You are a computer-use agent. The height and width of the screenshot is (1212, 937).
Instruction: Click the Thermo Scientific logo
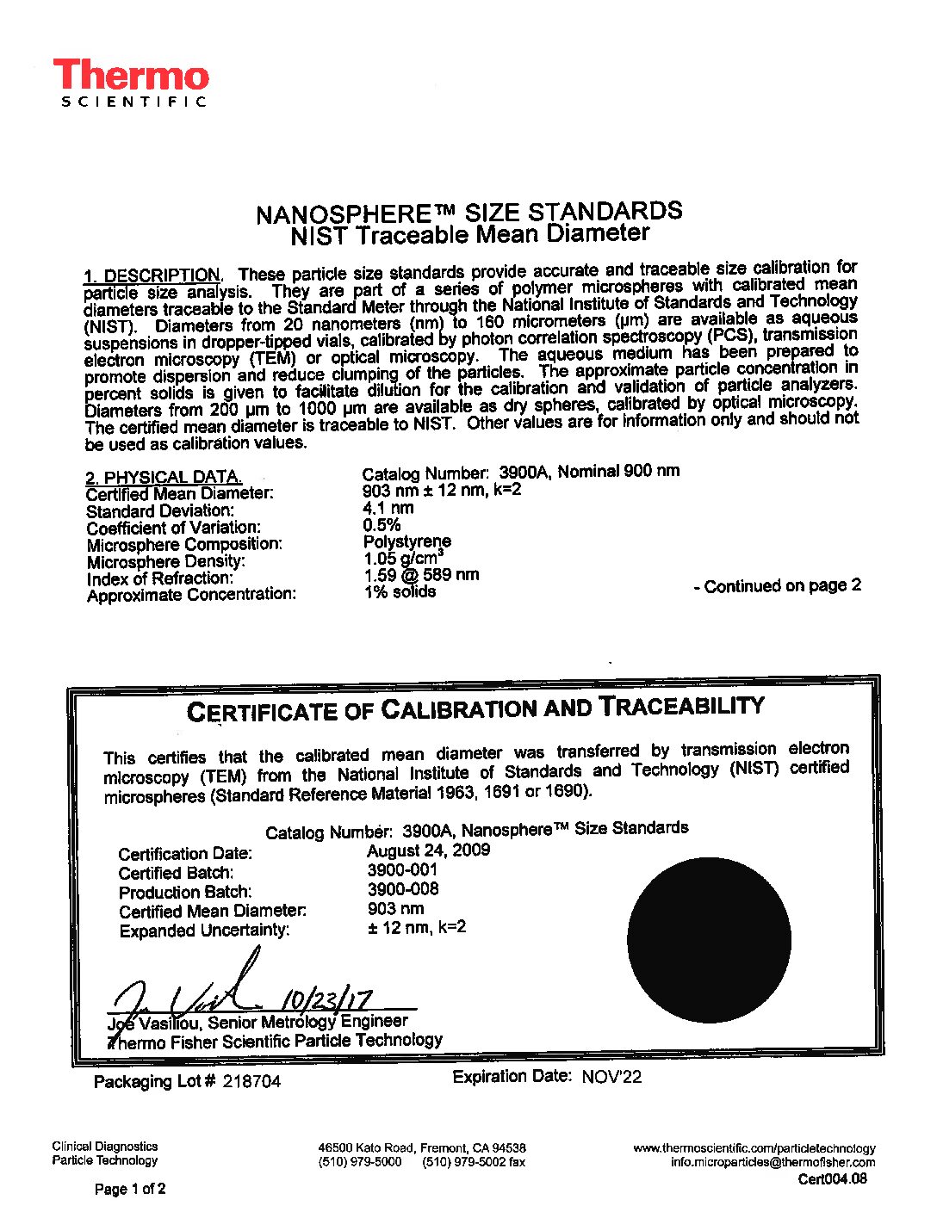pos(131,83)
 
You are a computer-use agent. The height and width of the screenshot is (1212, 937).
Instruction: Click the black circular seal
pos(709,940)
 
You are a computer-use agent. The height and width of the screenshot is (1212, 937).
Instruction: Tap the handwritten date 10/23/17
pos(328,999)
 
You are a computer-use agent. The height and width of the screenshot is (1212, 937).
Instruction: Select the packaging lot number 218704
pos(251,1081)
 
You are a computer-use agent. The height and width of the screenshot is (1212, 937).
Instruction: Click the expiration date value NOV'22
pos(611,1077)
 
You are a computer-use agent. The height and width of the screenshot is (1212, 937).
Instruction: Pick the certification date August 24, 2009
pos(428,850)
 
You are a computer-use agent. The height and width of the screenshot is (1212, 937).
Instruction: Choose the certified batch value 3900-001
pos(402,870)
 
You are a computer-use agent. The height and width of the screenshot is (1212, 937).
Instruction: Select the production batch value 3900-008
pos(403,889)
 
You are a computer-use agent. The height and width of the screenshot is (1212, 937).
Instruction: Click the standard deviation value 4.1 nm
pos(388,508)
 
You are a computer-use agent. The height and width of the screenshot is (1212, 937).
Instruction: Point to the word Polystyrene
pos(407,541)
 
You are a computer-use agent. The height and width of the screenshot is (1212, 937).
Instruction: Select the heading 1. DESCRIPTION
pos(152,275)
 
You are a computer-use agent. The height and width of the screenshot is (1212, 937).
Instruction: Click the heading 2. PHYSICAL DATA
pos(163,477)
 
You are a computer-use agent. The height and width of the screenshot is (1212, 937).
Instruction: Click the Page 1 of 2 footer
pos(130,1189)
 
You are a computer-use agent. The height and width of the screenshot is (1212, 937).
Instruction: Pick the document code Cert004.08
pos(832,1179)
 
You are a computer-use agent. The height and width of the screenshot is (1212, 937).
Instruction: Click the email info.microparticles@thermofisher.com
pos(773,1162)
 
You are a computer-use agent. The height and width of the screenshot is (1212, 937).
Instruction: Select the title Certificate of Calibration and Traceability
pos(475,708)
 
